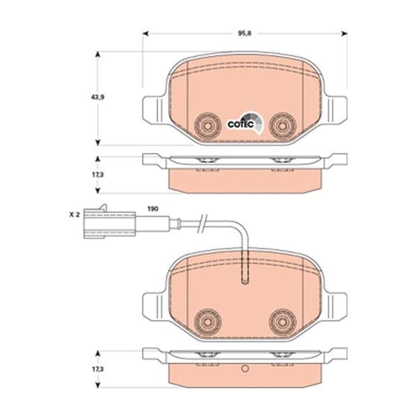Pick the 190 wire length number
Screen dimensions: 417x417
coord(153,208)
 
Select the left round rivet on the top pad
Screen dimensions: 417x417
coord(206,125)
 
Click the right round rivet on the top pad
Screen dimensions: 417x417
coord(281,125)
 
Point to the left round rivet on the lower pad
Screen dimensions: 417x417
coord(206,320)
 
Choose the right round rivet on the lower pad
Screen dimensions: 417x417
coord(281,320)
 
